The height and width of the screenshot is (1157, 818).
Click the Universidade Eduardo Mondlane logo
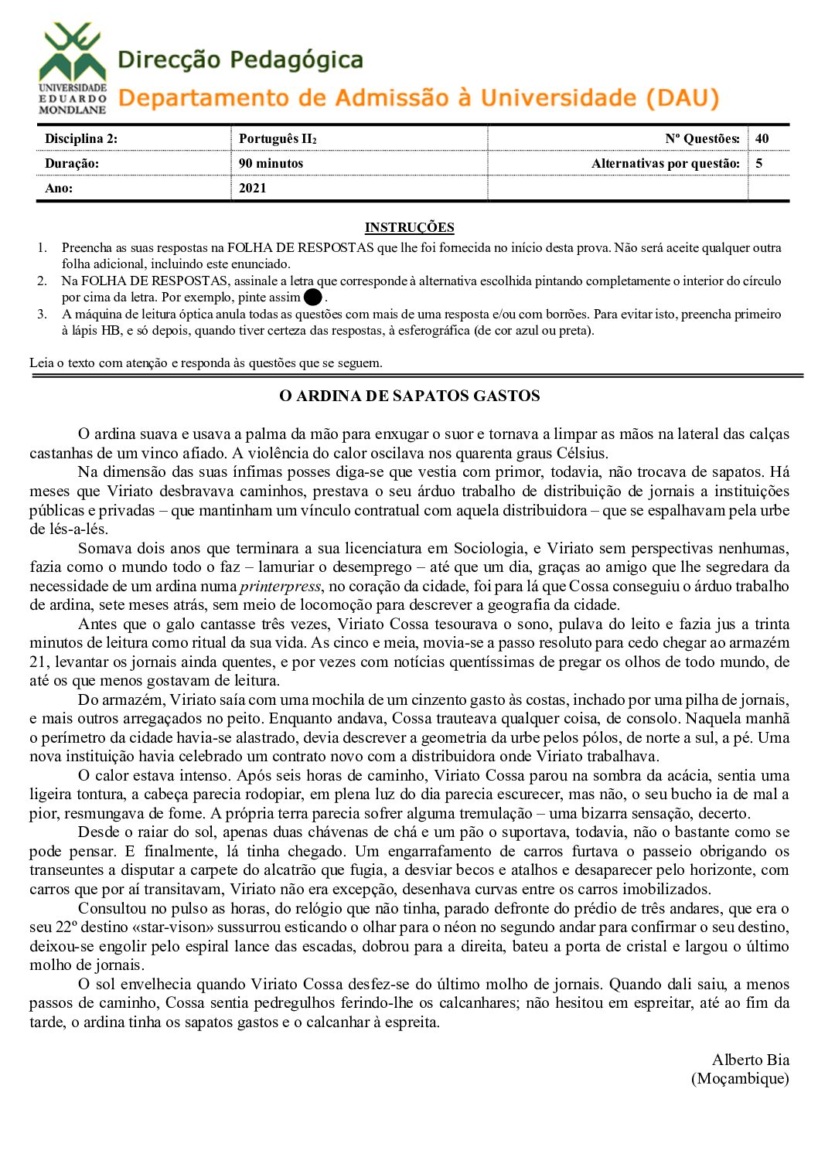point(72,68)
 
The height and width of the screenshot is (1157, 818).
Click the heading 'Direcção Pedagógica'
point(240,60)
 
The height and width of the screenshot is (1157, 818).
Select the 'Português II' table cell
point(277,139)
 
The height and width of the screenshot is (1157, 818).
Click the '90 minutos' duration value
point(271,164)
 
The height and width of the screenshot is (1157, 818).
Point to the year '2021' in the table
point(252,188)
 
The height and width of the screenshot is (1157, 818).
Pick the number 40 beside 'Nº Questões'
point(762,139)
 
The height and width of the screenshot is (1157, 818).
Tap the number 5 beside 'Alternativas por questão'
point(758,164)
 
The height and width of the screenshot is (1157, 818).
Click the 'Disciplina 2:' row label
point(80,139)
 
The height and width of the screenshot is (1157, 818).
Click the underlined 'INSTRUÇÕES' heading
point(409,227)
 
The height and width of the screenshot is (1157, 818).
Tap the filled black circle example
point(312,298)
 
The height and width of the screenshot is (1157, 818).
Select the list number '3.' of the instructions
point(42,314)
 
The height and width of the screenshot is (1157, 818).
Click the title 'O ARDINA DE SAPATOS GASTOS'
point(409,396)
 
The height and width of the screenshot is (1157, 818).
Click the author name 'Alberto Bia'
point(750,1060)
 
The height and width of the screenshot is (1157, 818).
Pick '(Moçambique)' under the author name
point(740,1078)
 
